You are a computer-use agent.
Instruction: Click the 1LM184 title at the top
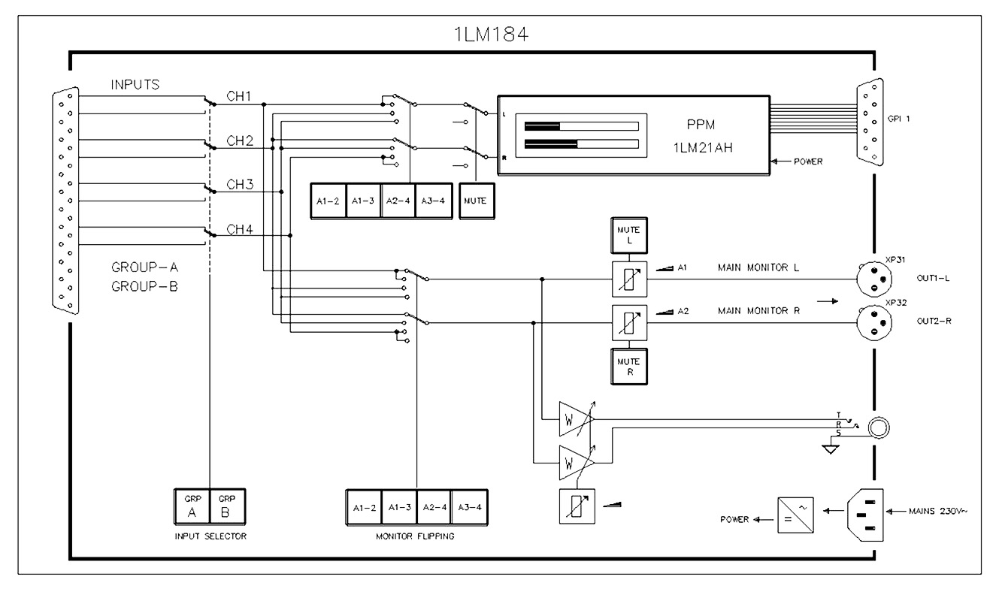click(491, 35)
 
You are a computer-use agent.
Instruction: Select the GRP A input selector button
click(192, 507)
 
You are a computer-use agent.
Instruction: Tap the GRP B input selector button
click(227, 507)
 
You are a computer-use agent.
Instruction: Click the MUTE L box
click(629, 235)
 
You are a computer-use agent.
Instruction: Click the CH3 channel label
click(240, 184)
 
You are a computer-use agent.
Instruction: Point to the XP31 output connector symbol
click(874, 279)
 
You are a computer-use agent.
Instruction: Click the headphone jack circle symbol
click(879, 428)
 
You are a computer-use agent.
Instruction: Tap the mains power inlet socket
click(865, 515)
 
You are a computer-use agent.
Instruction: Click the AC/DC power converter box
click(795, 515)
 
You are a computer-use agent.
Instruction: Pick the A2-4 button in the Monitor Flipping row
click(434, 508)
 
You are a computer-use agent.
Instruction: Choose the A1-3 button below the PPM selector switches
click(363, 201)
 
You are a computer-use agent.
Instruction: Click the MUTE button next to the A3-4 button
click(477, 201)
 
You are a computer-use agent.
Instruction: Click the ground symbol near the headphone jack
click(830, 449)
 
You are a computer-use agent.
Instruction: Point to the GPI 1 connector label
click(898, 119)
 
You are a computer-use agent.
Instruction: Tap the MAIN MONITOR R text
click(758, 311)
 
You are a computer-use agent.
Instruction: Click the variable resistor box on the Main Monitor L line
click(629, 279)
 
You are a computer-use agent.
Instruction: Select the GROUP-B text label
click(144, 286)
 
